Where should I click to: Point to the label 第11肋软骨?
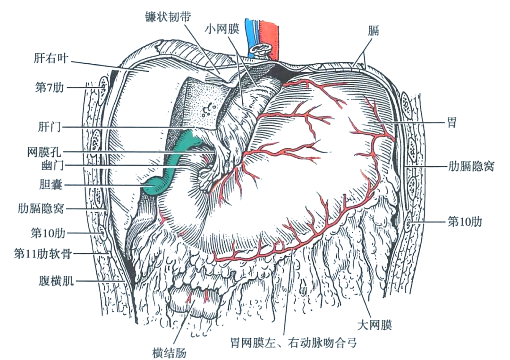click(42, 254)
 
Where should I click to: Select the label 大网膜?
click(375, 325)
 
